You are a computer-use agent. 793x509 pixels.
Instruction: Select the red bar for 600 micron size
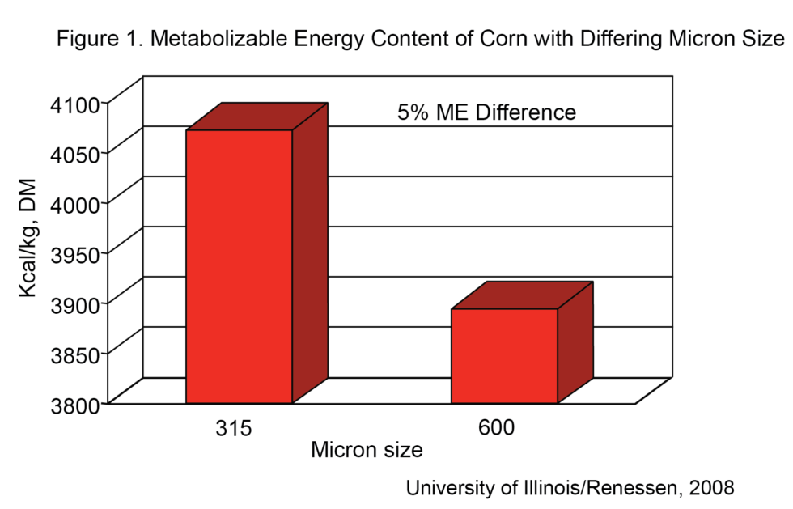(x=504, y=355)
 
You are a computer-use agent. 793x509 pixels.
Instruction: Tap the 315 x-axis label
(x=233, y=428)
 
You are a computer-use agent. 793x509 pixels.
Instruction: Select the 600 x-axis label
(x=496, y=428)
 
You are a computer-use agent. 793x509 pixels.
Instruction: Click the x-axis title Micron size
(x=367, y=450)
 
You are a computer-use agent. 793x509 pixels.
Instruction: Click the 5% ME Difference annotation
(x=486, y=112)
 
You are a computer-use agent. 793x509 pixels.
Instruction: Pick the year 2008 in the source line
(x=712, y=488)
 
